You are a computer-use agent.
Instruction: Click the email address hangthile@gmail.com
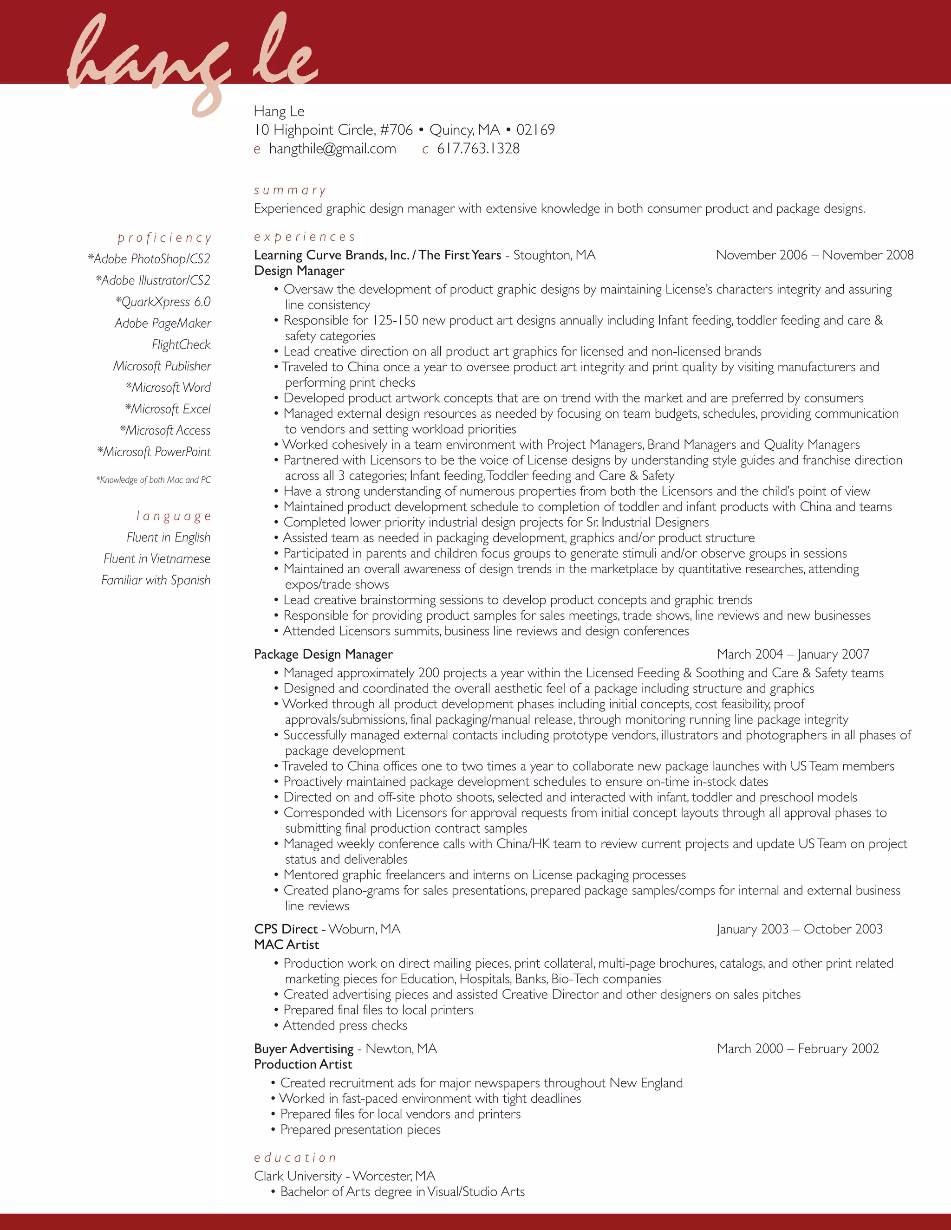pyautogui.click(x=332, y=149)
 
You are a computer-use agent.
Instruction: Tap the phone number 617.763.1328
pyautogui.click(x=478, y=149)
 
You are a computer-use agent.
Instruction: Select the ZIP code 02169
pyautogui.click(x=535, y=130)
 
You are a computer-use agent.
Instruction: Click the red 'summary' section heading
pyautogui.click(x=290, y=190)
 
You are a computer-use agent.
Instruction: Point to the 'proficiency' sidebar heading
pyautogui.click(x=164, y=238)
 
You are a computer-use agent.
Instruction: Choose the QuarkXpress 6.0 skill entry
pyautogui.click(x=163, y=302)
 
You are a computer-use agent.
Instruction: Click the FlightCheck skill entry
pyautogui.click(x=181, y=345)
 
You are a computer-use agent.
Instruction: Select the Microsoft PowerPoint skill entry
pyautogui.click(x=154, y=452)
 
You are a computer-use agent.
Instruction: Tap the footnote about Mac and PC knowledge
pyautogui.click(x=153, y=480)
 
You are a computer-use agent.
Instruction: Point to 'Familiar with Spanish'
pyautogui.click(x=156, y=580)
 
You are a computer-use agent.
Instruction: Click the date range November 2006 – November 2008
pyautogui.click(x=814, y=255)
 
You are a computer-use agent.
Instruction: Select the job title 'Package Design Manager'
pyautogui.click(x=323, y=654)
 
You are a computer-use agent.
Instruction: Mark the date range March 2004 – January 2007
pyautogui.click(x=793, y=654)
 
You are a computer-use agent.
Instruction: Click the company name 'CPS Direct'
pyautogui.click(x=286, y=929)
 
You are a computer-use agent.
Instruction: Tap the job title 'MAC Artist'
pyautogui.click(x=286, y=945)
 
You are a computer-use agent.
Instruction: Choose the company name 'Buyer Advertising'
pyautogui.click(x=304, y=1049)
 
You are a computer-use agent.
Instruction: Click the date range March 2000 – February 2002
pyautogui.click(x=797, y=1049)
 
